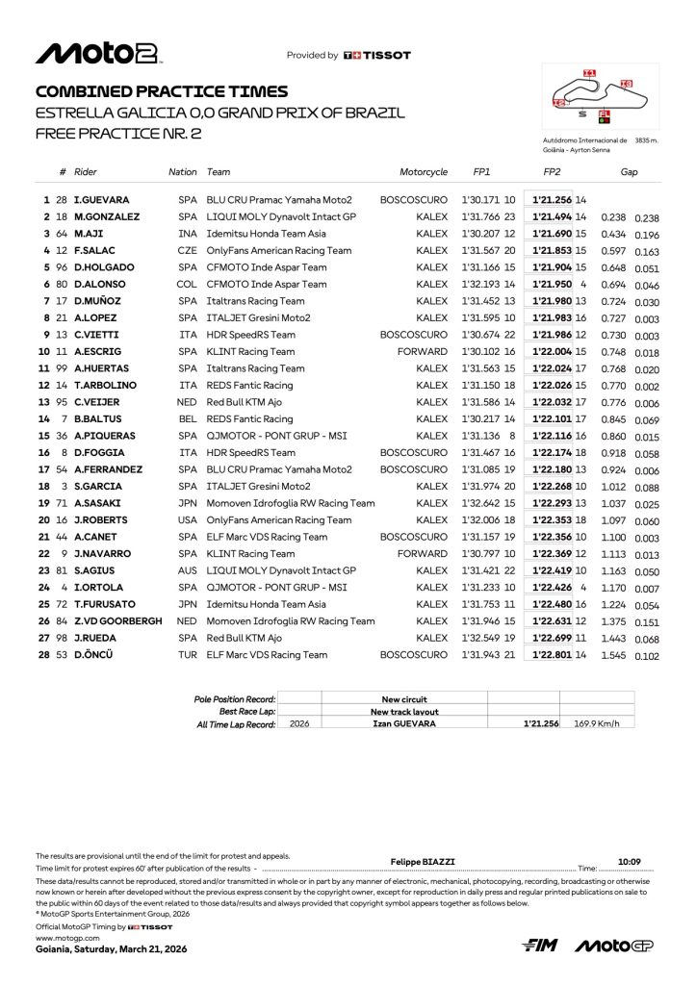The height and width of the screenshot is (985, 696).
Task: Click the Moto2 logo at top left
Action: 97,53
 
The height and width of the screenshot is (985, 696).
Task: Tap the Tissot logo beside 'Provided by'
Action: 376,56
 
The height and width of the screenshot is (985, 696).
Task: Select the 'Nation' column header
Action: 182,172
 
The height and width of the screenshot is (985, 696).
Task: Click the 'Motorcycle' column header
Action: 424,172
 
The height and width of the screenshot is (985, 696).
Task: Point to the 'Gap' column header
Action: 629,172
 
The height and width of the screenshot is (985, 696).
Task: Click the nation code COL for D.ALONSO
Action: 186,285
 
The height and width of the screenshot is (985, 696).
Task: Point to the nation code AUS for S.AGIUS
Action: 187,570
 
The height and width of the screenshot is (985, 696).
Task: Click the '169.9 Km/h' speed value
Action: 596,722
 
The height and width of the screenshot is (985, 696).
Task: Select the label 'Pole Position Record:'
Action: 235,699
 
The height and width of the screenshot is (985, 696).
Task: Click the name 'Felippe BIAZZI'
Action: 422,862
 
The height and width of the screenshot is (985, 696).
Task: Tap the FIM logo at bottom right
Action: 541,946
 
